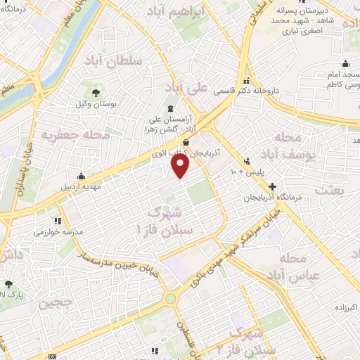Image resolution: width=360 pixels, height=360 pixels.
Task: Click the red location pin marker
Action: pyautogui.click(x=181, y=165)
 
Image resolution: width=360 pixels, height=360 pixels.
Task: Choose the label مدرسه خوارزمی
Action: pyautogui.click(x=59, y=231)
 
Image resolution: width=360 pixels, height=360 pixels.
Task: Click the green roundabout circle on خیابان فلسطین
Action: pyautogui.click(x=170, y=299)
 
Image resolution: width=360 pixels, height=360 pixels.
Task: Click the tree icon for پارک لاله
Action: pyautogui.click(x=8, y=285)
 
